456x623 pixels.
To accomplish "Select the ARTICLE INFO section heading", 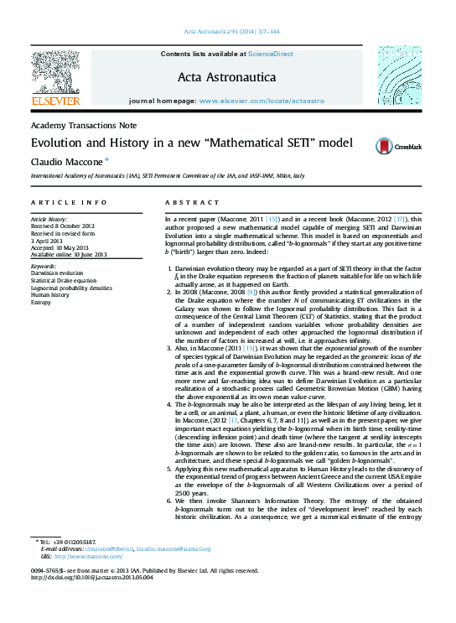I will point(69,203).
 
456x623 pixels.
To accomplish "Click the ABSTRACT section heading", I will point(185,203).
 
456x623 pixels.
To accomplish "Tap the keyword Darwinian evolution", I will point(57,273).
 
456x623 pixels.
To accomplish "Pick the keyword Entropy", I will point(42,301).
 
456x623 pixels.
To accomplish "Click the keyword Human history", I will point(50,294).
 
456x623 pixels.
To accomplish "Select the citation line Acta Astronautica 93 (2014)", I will point(226,32).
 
